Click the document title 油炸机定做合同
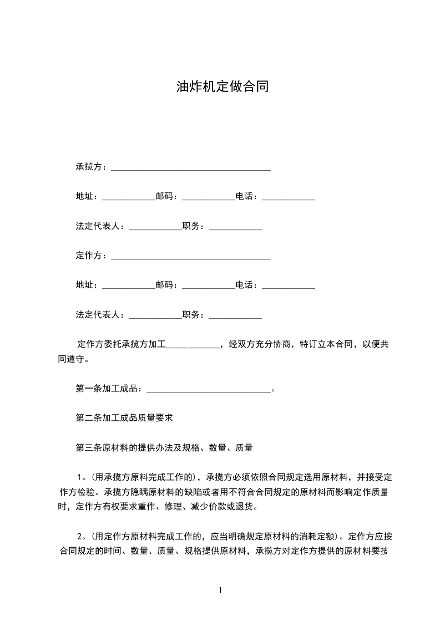click(222, 86)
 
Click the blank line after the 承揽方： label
click(191, 167)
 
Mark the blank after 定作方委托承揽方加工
click(193, 344)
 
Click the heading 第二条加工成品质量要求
click(124, 418)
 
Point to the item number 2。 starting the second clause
click(81, 537)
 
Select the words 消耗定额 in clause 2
click(315, 537)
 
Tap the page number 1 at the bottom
click(220, 590)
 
